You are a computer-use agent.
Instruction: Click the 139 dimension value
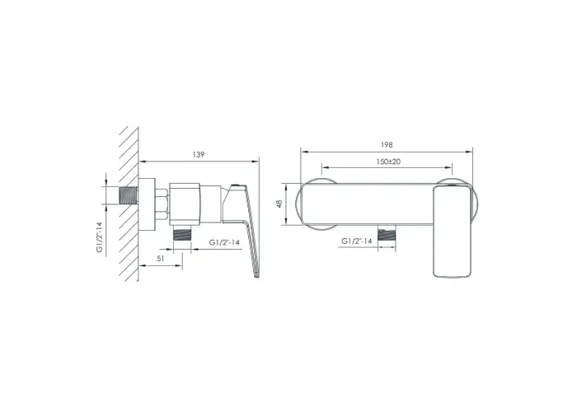(199, 155)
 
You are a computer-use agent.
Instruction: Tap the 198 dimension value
(387, 145)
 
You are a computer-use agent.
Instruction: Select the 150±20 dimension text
(388, 162)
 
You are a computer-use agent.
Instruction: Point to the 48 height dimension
(279, 204)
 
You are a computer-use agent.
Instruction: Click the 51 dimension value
(161, 259)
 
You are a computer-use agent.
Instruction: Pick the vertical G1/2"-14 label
(100, 237)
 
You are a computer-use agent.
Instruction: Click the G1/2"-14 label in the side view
(224, 242)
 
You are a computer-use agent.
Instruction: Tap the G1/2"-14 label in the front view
(357, 241)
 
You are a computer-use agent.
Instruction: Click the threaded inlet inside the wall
(129, 195)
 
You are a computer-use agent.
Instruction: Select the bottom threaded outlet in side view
(182, 233)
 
